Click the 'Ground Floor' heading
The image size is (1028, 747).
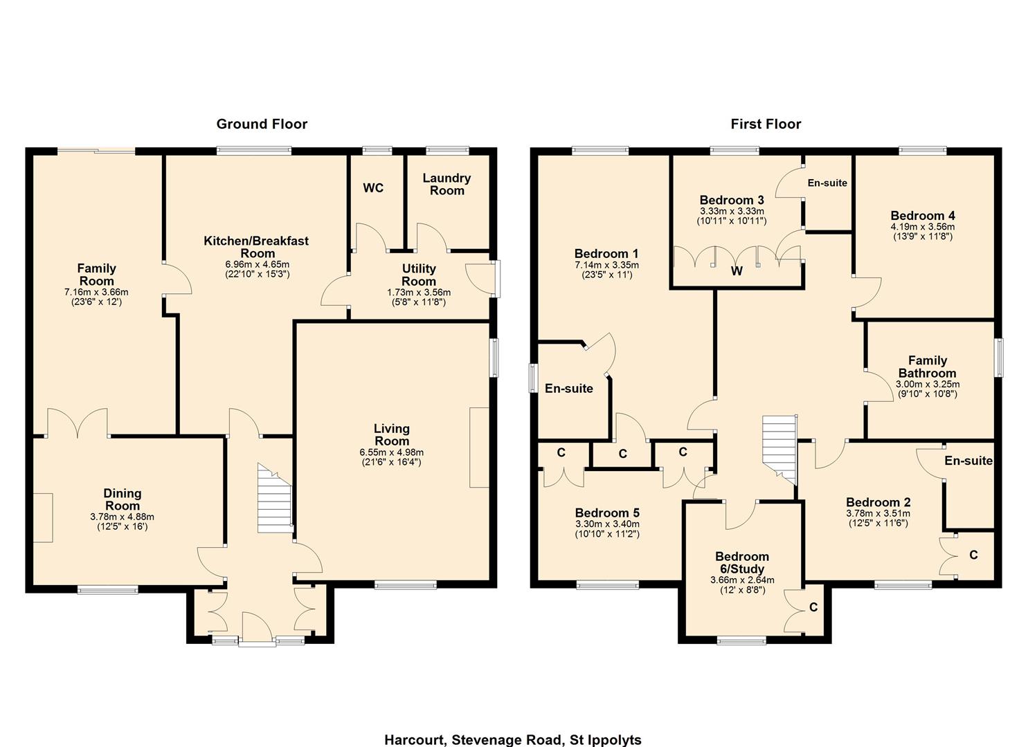(262, 124)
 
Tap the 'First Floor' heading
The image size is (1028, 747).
(766, 124)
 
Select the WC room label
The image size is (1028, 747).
(373, 188)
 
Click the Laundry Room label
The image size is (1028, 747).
(447, 184)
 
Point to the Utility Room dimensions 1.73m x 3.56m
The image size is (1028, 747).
(419, 293)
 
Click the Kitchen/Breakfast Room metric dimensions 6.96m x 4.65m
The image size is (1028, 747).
(257, 264)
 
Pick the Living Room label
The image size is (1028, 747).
(391, 435)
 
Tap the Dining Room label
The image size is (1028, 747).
(122, 499)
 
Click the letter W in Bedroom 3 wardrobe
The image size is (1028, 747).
(737, 271)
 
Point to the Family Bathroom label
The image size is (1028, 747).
(928, 367)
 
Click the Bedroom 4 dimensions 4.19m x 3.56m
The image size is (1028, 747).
(922, 227)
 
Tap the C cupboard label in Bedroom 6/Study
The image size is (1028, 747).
(813, 607)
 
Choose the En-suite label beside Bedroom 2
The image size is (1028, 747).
(968, 461)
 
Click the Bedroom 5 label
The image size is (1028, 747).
(607, 513)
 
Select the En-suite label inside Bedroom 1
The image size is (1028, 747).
(568, 389)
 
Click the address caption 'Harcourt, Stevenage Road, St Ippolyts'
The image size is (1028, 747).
(513, 739)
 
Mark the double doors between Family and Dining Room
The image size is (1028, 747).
(78, 424)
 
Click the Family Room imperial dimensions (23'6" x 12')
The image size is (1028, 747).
(96, 302)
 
